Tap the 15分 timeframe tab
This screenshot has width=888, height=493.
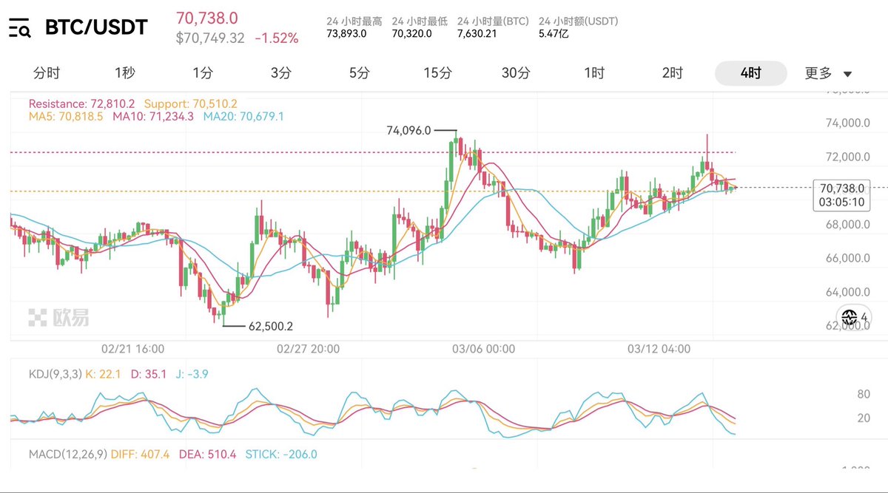[437, 73]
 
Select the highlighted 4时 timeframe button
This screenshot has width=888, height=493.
[750, 73]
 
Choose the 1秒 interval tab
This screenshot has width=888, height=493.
[125, 73]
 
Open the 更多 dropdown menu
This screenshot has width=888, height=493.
[828, 73]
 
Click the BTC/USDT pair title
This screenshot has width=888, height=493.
[96, 28]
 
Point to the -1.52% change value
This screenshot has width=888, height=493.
[277, 38]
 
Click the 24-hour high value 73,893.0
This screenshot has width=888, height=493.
[347, 33]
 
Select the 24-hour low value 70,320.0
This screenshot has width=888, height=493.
[412, 33]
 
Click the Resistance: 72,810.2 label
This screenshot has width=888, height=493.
[81, 103]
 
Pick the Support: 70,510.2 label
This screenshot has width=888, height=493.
[190, 103]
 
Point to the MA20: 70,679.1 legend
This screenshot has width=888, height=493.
[243, 116]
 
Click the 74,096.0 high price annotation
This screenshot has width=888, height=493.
[408, 130]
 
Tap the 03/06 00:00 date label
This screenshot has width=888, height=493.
[484, 348]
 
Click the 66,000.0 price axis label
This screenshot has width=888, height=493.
[844, 258]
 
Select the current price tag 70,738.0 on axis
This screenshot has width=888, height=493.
[841, 188]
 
